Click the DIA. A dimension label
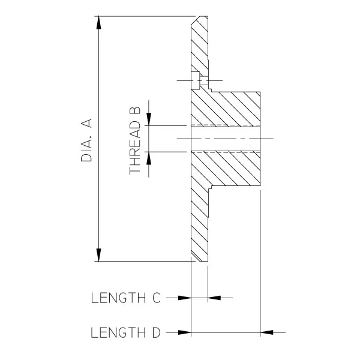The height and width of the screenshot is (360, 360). click(x=86, y=140)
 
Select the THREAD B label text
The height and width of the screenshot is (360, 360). click(x=135, y=141)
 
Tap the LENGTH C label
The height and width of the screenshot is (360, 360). click(x=126, y=298)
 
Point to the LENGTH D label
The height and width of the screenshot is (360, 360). click(x=125, y=332)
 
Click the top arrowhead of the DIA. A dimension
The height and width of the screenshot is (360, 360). click(x=99, y=23)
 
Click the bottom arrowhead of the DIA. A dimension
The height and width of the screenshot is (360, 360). click(x=99, y=255)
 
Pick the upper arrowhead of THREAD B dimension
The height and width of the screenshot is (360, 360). click(x=149, y=119)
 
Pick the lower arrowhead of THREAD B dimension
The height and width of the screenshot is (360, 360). click(x=149, y=158)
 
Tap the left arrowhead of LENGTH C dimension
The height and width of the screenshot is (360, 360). click(x=185, y=298)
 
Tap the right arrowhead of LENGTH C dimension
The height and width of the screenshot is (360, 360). click(x=214, y=298)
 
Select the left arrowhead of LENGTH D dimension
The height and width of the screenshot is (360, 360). click(x=185, y=332)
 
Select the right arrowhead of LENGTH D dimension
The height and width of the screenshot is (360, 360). click(x=266, y=332)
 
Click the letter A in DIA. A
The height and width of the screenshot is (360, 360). click(x=86, y=123)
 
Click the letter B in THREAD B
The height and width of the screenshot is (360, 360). click(x=135, y=110)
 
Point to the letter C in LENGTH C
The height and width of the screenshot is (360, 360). click(x=157, y=298)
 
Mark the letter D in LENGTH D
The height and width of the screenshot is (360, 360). click(x=157, y=332)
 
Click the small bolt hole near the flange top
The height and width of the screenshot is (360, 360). click(x=199, y=80)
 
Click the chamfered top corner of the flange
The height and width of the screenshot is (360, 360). click(x=195, y=20)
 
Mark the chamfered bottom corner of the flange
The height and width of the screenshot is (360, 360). click(x=196, y=257)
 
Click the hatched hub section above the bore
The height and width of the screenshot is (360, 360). click(x=226, y=109)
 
